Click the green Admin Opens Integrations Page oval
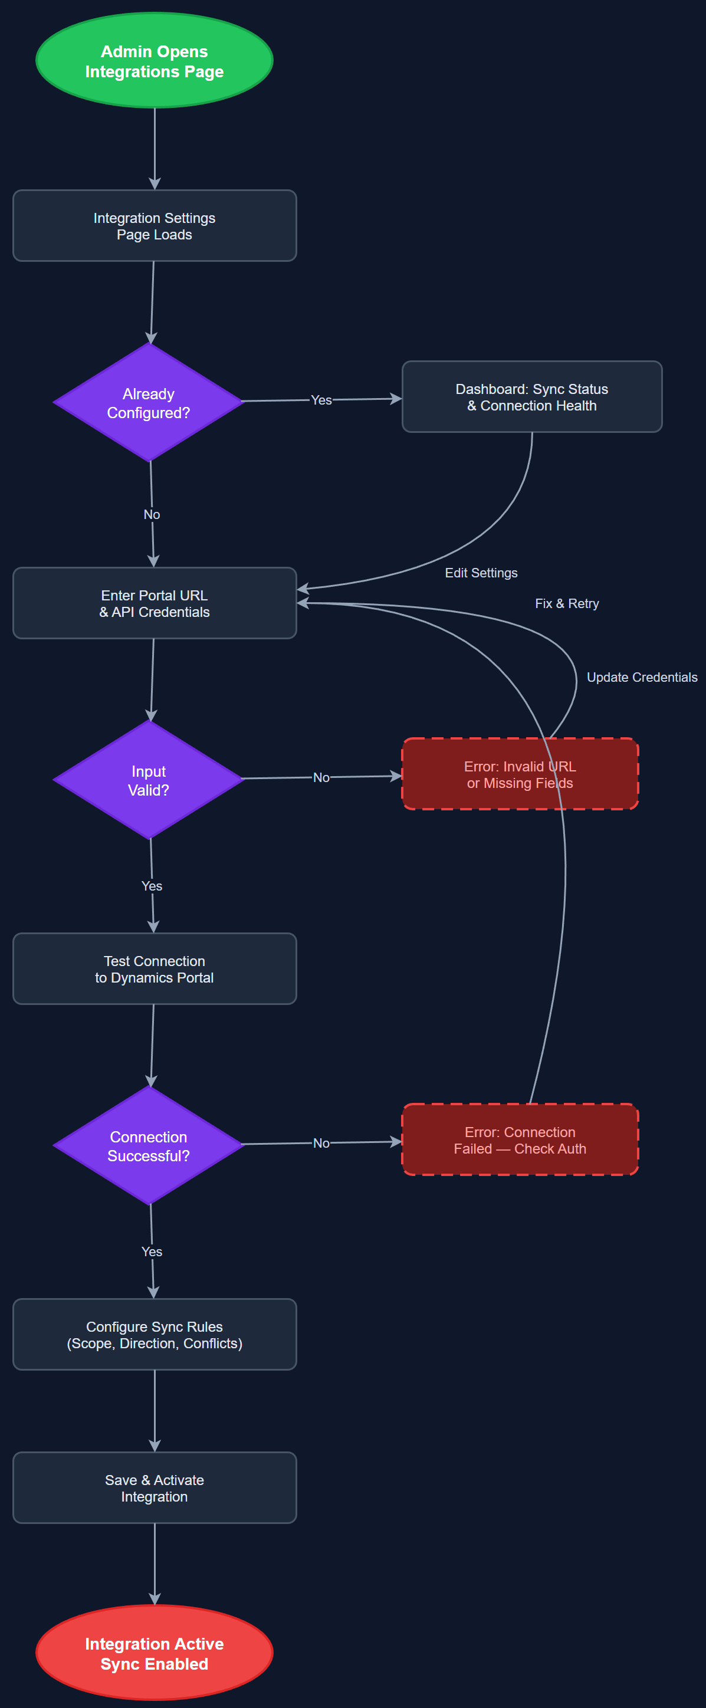click(154, 60)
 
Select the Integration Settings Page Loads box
click(154, 225)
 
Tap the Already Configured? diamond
click(149, 402)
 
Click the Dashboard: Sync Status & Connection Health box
click(531, 396)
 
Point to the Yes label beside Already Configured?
click(321, 400)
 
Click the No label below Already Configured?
click(152, 514)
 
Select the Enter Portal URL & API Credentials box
click(154, 603)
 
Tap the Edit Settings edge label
click(481, 573)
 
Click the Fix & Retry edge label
click(567, 603)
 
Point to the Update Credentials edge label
click(641, 677)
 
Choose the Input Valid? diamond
click(149, 780)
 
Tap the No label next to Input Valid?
click(321, 777)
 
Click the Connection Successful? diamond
click(149, 1145)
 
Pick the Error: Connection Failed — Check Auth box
click(520, 1140)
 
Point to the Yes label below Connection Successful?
click(152, 1251)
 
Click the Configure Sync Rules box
click(154, 1334)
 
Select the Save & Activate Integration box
click(154, 1487)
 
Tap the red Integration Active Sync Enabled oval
click(154, 1653)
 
